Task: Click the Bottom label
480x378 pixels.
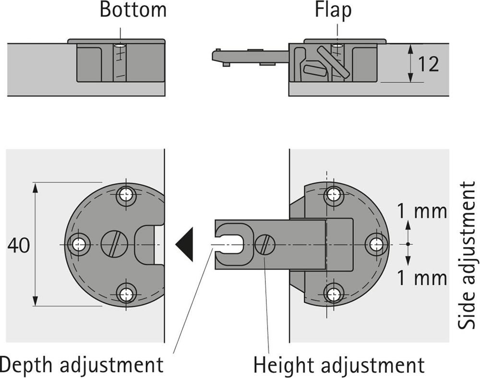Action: click(x=133, y=10)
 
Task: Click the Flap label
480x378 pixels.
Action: click(x=333, y=11)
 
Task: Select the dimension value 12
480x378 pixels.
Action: click(x=428, y=64)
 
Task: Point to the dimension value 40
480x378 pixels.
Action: click(x=19, y=245)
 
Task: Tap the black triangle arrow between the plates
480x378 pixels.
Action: click(x=184, y=244)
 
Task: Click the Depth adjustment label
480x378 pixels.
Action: click(x=82, y=365)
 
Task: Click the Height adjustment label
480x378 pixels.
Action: click(x=339, y=365)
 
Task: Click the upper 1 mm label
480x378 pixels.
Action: click(x=422, y=211)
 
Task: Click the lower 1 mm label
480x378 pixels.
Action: click(x=422, y=277)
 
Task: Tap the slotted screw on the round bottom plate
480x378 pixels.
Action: click(x=114, y=244)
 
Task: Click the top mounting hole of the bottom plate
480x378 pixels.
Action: click(x=126, y=194)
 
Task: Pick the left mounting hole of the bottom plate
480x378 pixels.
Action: click(x=79, y=244)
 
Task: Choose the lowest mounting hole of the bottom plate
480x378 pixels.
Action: click(x=126, y=295)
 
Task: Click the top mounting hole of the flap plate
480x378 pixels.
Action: click(x=334, y=194)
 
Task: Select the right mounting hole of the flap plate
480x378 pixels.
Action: click(x=376, y=244)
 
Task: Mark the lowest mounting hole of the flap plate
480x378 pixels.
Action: click(x=334, y=295)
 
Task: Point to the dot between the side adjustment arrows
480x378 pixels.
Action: click(x=408, y=244)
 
